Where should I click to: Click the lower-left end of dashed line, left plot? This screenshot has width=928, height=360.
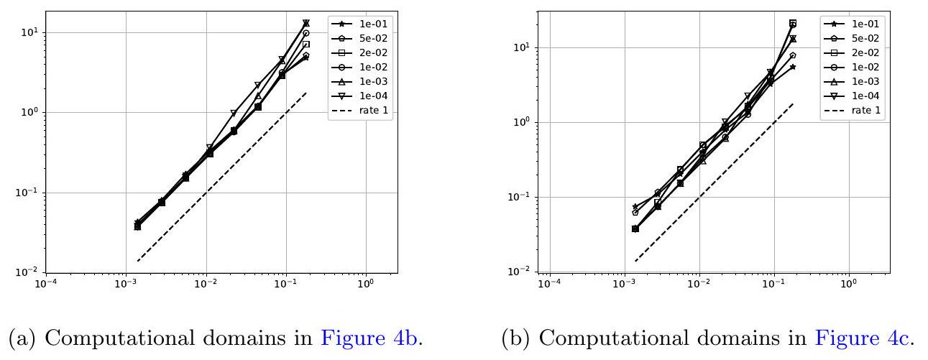point(138,261)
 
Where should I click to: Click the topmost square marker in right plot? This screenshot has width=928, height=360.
point(793,23)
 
